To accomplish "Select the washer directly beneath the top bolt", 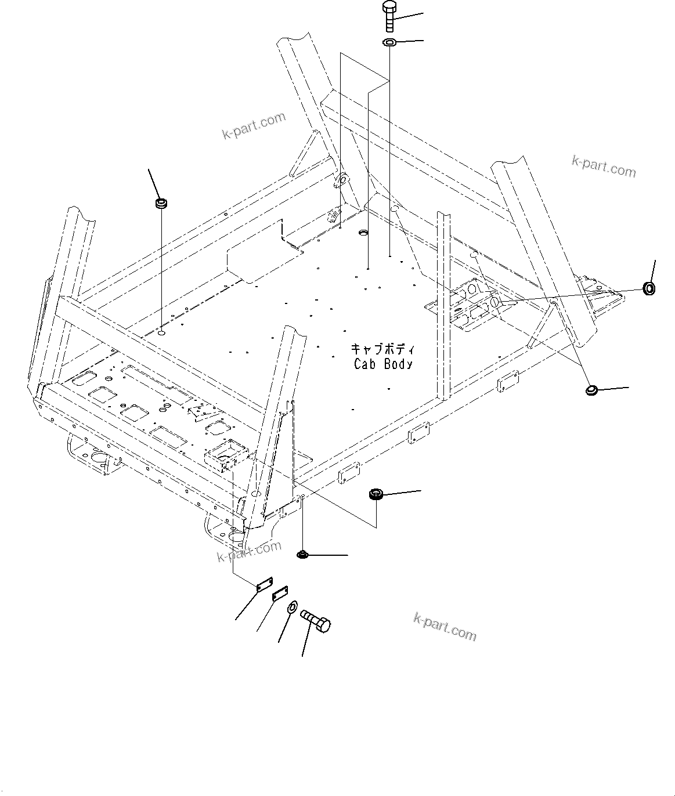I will (389, 42).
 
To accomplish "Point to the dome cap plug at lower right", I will (592, 390).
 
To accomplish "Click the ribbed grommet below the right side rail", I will (376, 495).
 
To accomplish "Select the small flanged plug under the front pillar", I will (302, 555).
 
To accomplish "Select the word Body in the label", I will (399, 364).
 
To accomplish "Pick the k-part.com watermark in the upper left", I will (254, 126).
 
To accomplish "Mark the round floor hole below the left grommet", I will (161, 334).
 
